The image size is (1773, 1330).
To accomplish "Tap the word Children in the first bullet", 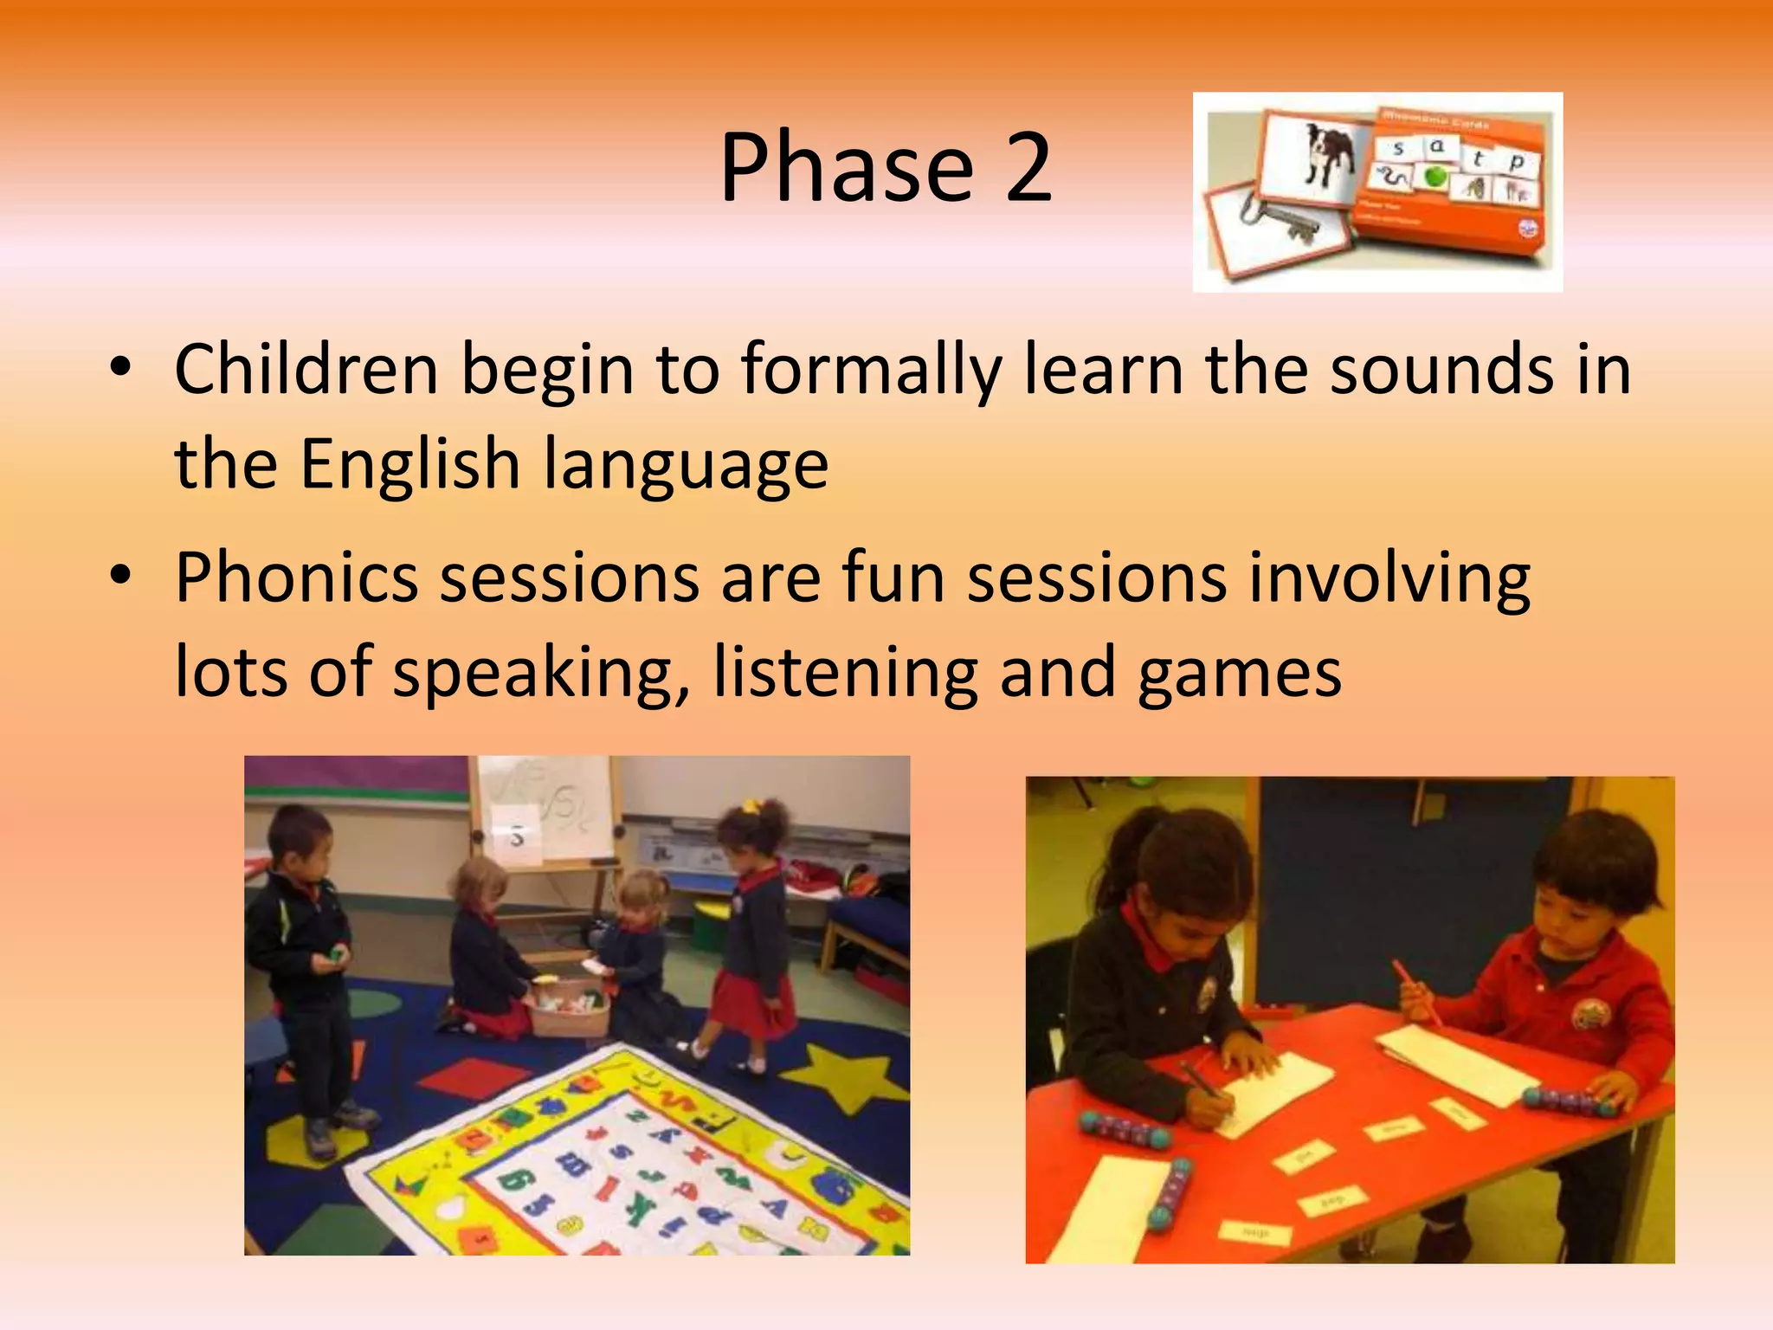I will [306, 371].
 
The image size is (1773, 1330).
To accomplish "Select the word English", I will [409, 463].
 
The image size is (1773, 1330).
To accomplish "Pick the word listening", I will [845, 673].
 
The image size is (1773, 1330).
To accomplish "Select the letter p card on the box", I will [1516, 163].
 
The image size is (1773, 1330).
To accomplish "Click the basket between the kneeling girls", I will [567, 1009].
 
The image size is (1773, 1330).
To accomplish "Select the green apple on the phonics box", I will [1436, 176].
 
